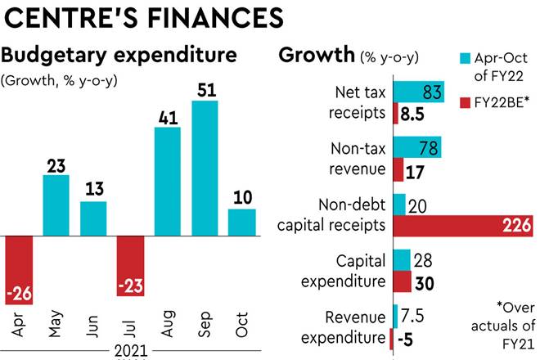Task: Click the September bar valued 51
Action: [205, 167]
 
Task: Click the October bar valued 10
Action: [241, 222]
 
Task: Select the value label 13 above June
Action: [93, 190]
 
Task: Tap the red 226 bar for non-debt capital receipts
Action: [458, 227]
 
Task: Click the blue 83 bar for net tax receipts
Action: [418, 92]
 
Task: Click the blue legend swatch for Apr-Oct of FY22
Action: [465, 58]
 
